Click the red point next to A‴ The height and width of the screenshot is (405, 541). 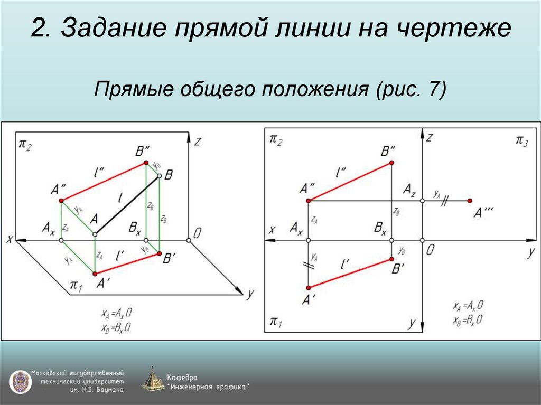click(470, 201)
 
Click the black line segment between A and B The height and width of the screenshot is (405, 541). click(127, 206)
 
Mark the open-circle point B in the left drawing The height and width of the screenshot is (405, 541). click(159, 178)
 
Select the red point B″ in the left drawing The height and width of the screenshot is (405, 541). click(147, 164)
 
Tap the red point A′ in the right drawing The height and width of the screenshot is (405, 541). click(308, 287)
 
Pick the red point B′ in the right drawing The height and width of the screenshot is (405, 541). click(391, 259)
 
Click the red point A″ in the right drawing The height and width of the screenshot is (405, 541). click(308, 201)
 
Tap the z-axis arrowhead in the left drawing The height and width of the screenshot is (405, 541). click(189, 136)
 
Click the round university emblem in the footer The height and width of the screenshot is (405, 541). click(19, 381)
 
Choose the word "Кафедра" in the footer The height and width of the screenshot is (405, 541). click(182, 378)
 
